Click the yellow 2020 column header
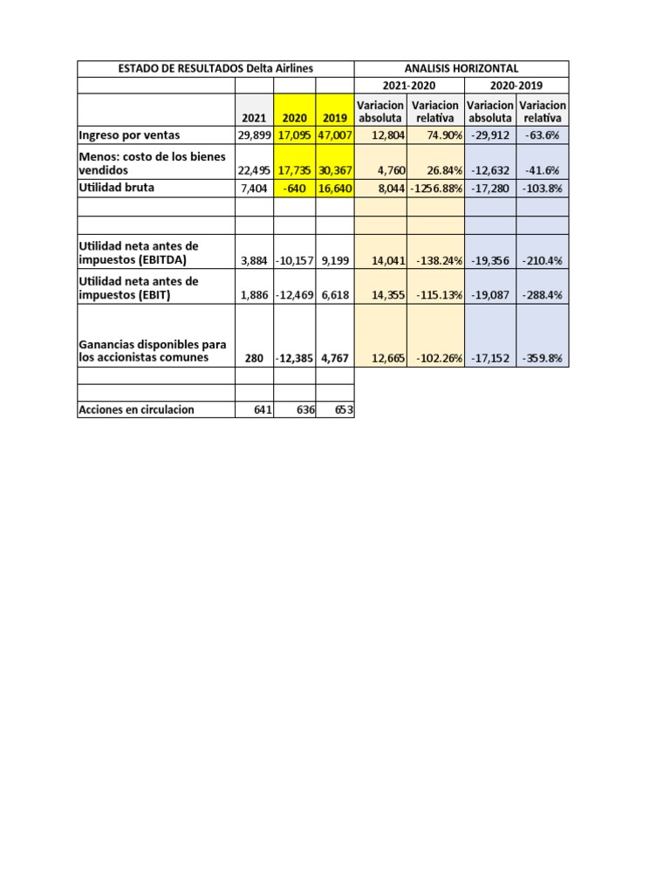(x=294, y=118)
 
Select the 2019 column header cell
(x=334, y=118)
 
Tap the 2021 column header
(x=254, y=118)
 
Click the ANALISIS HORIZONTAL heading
(x=461, y=68)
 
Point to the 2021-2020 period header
(x=409, y=86)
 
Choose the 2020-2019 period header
(x=516, y=86)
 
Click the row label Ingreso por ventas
(x=128, y=135)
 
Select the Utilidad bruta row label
(x=116, y=187)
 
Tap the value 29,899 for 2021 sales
(x=255, y=135)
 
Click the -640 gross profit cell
(x=295, y=188)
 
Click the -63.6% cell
(x=542, y=135)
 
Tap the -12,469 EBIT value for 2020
(x=295, y=295)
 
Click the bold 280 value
(x=255, y=358)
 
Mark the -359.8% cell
(x=542, y=358)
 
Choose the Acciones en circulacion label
(x=136, y=409)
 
